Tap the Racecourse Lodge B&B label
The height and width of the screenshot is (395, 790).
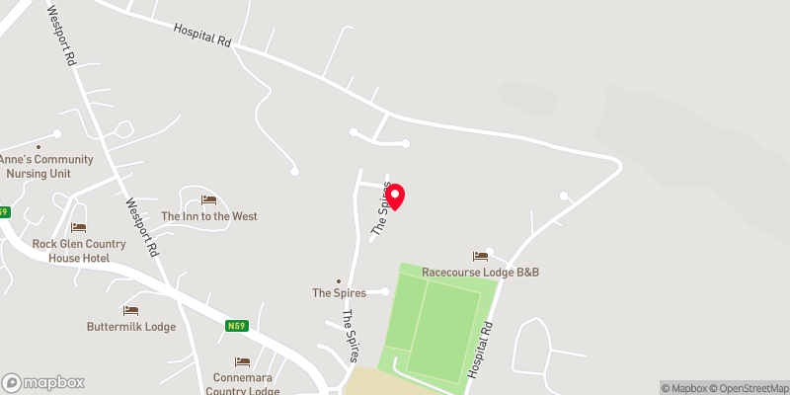click(x=480, y=272)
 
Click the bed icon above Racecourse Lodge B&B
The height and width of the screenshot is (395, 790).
click(x=480, y=256)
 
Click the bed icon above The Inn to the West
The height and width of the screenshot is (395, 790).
click(x=208, y=200)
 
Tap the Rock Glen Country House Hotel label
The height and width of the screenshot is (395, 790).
click(x=78, y=251)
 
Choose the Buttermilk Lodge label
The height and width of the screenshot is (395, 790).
click(x=131, y=327)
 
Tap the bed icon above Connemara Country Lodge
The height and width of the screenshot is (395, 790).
click(x=242, y=362)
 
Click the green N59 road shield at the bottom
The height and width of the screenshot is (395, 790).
click(x=235, y=326)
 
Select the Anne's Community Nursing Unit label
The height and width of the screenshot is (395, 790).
click(x=46, y=166)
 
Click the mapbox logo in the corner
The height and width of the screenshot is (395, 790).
click(x=43, y=382)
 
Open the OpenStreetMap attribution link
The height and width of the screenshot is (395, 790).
click(x=750, y=388)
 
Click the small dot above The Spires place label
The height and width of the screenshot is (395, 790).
click(x=339, y=280)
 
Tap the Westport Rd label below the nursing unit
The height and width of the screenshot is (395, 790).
click(x=142, y=230)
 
